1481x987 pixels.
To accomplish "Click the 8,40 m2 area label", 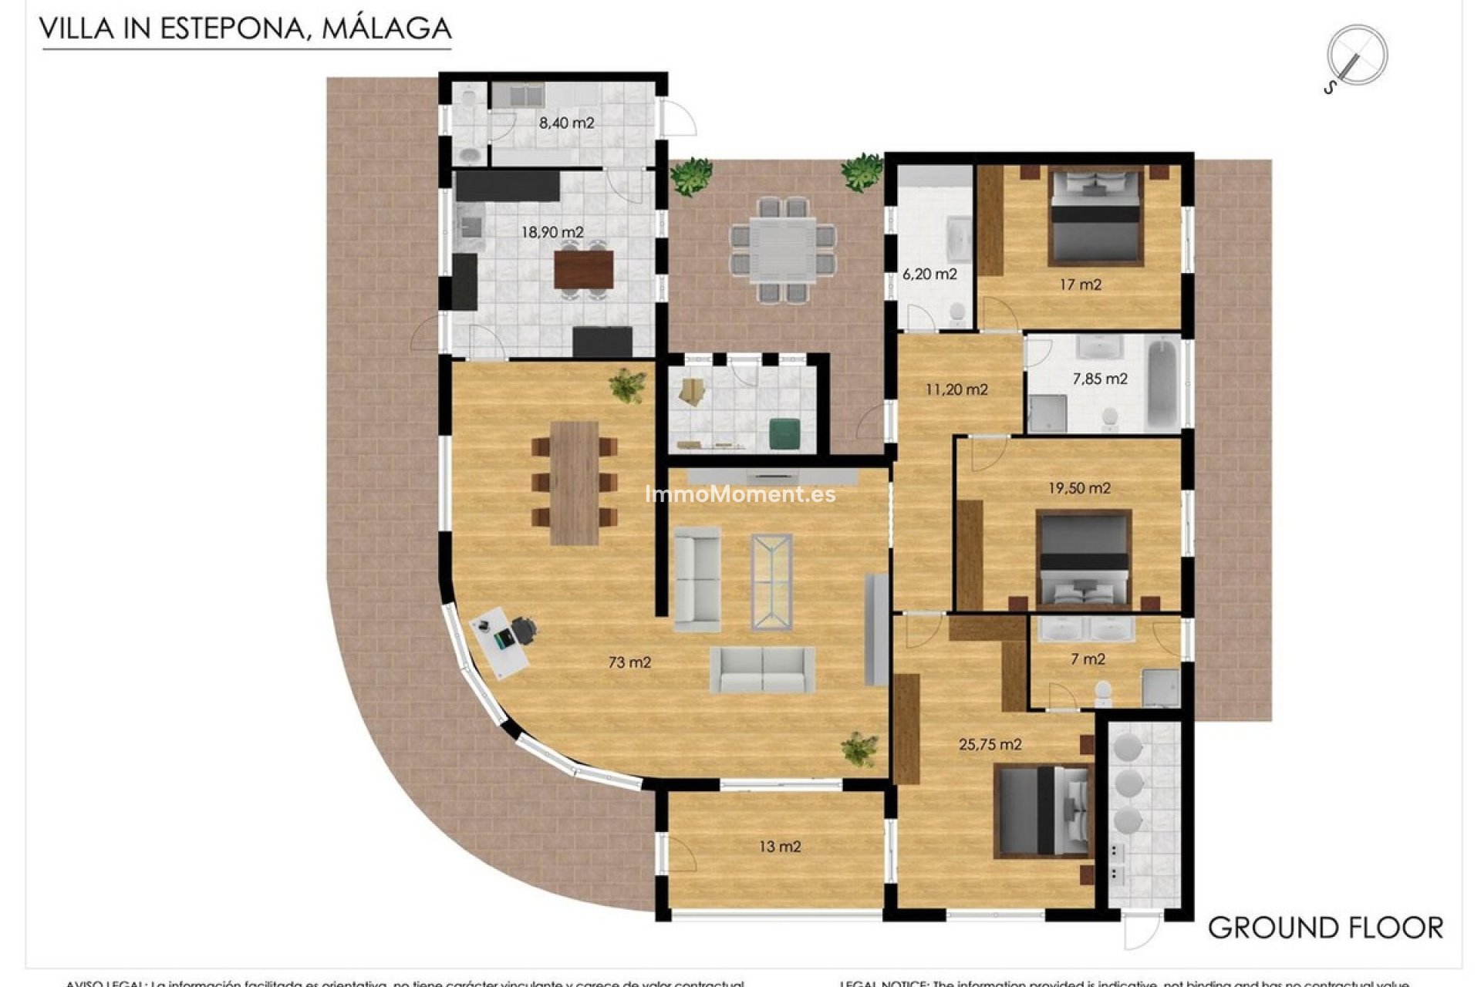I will coord(566,123).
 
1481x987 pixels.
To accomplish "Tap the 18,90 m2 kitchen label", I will coord(552,232).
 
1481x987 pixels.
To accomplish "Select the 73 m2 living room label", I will coord(629,662).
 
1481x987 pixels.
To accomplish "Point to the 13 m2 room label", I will coord(780,847).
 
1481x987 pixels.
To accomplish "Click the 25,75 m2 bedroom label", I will coord(990,745).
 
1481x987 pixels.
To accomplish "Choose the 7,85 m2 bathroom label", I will coord(1100,379).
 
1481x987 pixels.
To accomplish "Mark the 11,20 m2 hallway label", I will coord(956,389).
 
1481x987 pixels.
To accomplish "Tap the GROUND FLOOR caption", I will coord(1324,928).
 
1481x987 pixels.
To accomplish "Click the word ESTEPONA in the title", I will coord(232,29).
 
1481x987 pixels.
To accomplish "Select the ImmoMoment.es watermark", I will coord(740,494).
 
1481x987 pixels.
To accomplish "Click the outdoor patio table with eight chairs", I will coord(783,249).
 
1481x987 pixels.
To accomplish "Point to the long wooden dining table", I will coord(575,483).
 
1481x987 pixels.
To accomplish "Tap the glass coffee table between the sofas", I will coord(772,572).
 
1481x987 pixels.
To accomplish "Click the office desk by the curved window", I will coord(500,643).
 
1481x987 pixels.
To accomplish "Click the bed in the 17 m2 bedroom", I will coord(1095,218).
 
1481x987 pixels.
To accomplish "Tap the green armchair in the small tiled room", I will coord(786,433).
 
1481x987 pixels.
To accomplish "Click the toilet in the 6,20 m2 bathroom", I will coord(956,312).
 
